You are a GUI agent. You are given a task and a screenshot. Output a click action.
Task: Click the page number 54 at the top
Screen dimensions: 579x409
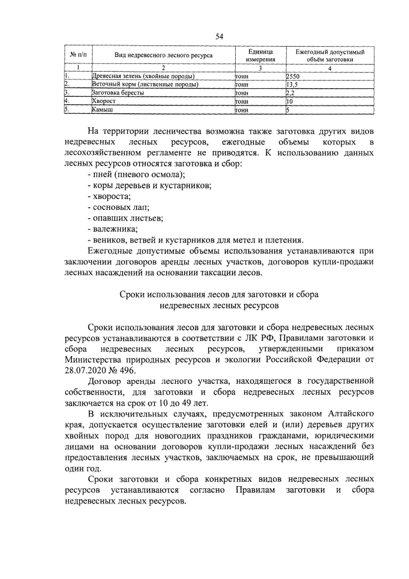219,36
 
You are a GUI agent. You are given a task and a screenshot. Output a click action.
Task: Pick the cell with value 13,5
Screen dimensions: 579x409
293,84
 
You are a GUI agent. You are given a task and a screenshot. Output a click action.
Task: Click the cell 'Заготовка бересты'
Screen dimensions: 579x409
118,93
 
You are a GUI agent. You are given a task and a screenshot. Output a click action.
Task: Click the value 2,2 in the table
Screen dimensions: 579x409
290,93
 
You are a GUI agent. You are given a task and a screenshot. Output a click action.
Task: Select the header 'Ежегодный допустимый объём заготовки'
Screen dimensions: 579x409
329,56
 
